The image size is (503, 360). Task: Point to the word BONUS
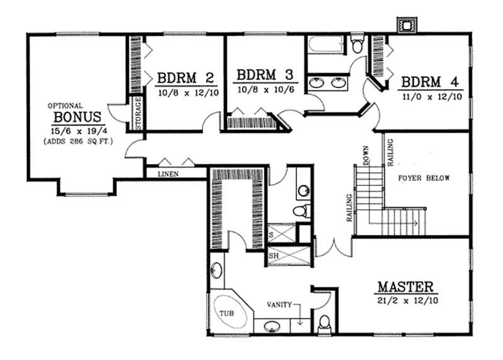(78, 117)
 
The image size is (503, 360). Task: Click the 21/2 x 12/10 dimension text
(407, 300)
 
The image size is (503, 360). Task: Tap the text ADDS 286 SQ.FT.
(78, 142)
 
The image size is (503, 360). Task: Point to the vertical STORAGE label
(138, 113)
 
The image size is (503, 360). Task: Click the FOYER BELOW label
(424, 178)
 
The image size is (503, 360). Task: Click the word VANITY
(279, 305)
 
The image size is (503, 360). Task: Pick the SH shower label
(274, 256)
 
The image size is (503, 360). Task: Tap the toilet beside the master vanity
(324, 324)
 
